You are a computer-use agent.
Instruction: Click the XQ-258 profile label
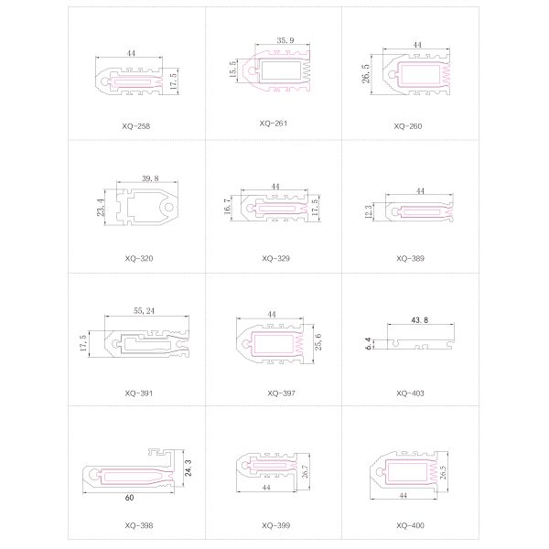pyautogui.click(x=135, y=126)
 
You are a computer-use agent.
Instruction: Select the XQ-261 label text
pyautogui.click(x=273, y=124)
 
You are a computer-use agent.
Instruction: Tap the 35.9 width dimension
pyautogui.click(x=285, y=40)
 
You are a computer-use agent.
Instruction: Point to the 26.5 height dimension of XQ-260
pyautogui.click(x=366, y=73)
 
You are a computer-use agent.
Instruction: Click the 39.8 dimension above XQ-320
pyautogui.click(x=150, y=178)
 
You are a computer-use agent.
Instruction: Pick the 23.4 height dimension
pyautogui.click(x=101, y=208)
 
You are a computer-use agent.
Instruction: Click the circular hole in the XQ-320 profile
pyautogui.click(x=169, y=208)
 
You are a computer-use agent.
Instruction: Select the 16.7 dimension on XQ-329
pyautogui.click(x=228, y=206)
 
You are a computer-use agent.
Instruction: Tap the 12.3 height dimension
pyautogui.click(x=369, y=212)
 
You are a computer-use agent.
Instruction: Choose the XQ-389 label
pyautogui.click(x=410, y=258)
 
